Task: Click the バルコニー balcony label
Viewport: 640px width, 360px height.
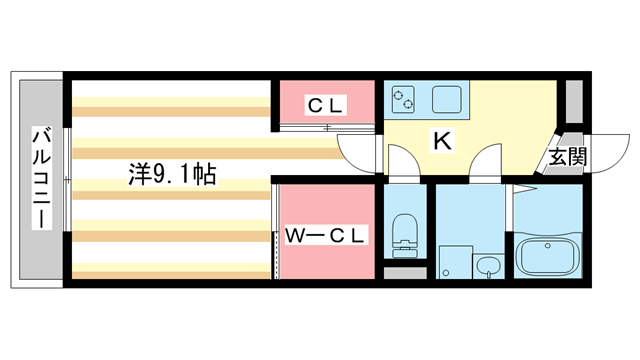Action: click(41, 178)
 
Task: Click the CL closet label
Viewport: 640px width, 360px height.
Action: click(325, 105)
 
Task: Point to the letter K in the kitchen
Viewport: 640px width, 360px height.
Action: click(441, 141)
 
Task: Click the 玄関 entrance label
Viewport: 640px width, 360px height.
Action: click(566, 158)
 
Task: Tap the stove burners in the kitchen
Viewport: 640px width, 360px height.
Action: click(406, 98)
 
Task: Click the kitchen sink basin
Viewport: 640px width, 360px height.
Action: click(446, 98)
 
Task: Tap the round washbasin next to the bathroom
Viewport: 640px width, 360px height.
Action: click(488, 265)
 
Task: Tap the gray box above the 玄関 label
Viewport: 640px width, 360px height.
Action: click(574, 101)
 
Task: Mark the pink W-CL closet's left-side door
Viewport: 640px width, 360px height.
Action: click(274, 232)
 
